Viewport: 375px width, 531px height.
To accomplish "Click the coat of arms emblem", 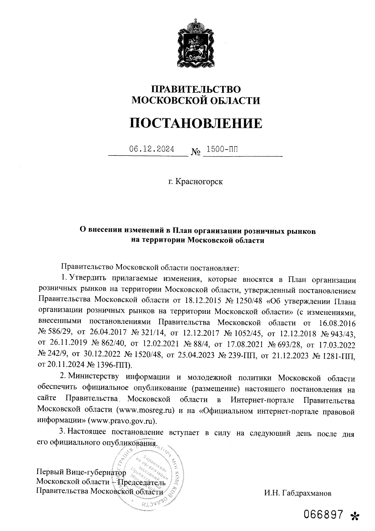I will click(x=196, y=44).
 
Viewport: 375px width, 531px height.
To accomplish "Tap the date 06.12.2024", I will click(x=152, y=149).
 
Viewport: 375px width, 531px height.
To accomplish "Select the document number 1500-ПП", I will click(x=222, y=149).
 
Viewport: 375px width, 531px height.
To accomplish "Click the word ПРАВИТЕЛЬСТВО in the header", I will click(x=196, y=89).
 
